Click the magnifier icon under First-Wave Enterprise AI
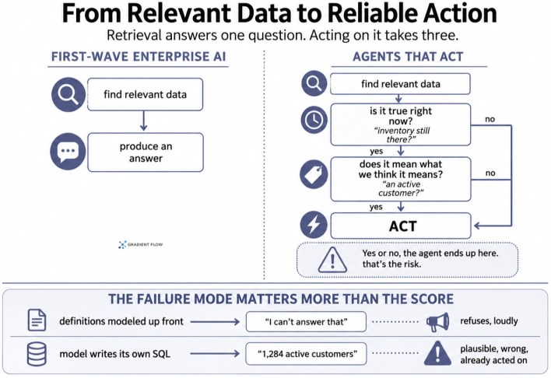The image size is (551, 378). tap(68, 95)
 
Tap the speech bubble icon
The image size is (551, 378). tap(68, 152)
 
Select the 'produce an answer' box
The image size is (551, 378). tap(146, 152)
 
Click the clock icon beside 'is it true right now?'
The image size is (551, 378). tap(314, 120)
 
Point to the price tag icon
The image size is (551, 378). tap(314, 174)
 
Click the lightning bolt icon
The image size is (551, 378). tap(314, 225)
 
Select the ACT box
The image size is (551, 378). tap(401, 226)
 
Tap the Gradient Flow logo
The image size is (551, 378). tap(141, 244)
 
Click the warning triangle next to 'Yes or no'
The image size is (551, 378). tap(332, 260)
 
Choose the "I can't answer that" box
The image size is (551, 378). tap(306, 321)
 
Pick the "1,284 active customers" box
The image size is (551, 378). tap(306, 354)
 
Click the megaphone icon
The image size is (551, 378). tap(437, 322)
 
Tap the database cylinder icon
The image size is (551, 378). tap(37, 354)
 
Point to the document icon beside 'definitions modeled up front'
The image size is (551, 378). tap(37, 320)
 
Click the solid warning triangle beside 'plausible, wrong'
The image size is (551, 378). tap(437, 353)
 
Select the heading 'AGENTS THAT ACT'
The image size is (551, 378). tap(408, 57)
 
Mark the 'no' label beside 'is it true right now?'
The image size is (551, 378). tap(490, 119)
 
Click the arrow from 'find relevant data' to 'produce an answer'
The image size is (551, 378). tap(143, 121)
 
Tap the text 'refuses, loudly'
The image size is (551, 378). tap(489, 320)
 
